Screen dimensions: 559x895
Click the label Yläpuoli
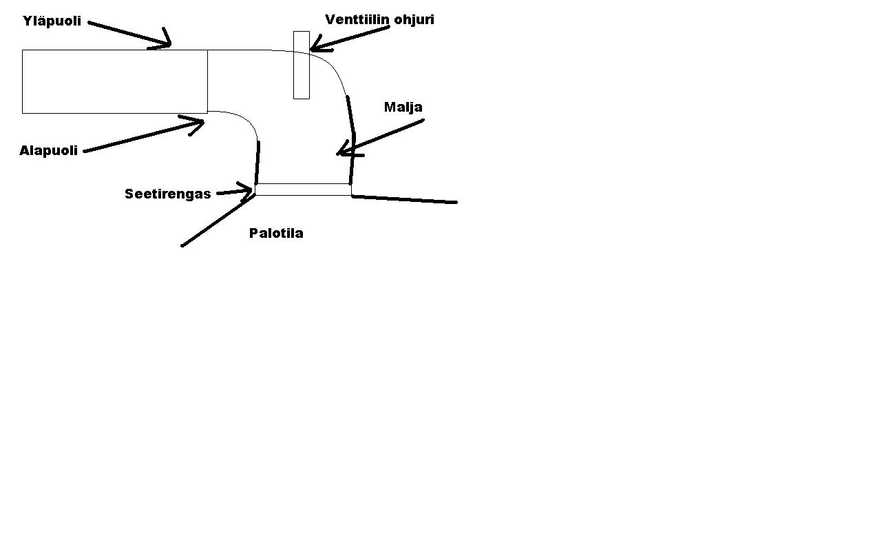tap(52, 21)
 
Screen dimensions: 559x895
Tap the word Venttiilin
tap(357, 19)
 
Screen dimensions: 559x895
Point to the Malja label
tap(403, 108)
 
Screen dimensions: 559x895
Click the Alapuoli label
tap(48, 151)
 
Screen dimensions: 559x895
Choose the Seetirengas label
tap(167, 194)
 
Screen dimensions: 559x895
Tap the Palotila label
tap(276, 233)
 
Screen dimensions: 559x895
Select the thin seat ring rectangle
tap(303, 190)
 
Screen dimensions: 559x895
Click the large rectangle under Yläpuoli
tap(114, 81)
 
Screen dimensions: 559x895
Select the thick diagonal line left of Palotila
tap(218, 221)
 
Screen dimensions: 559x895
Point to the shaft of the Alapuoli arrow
tap(138, 137)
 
